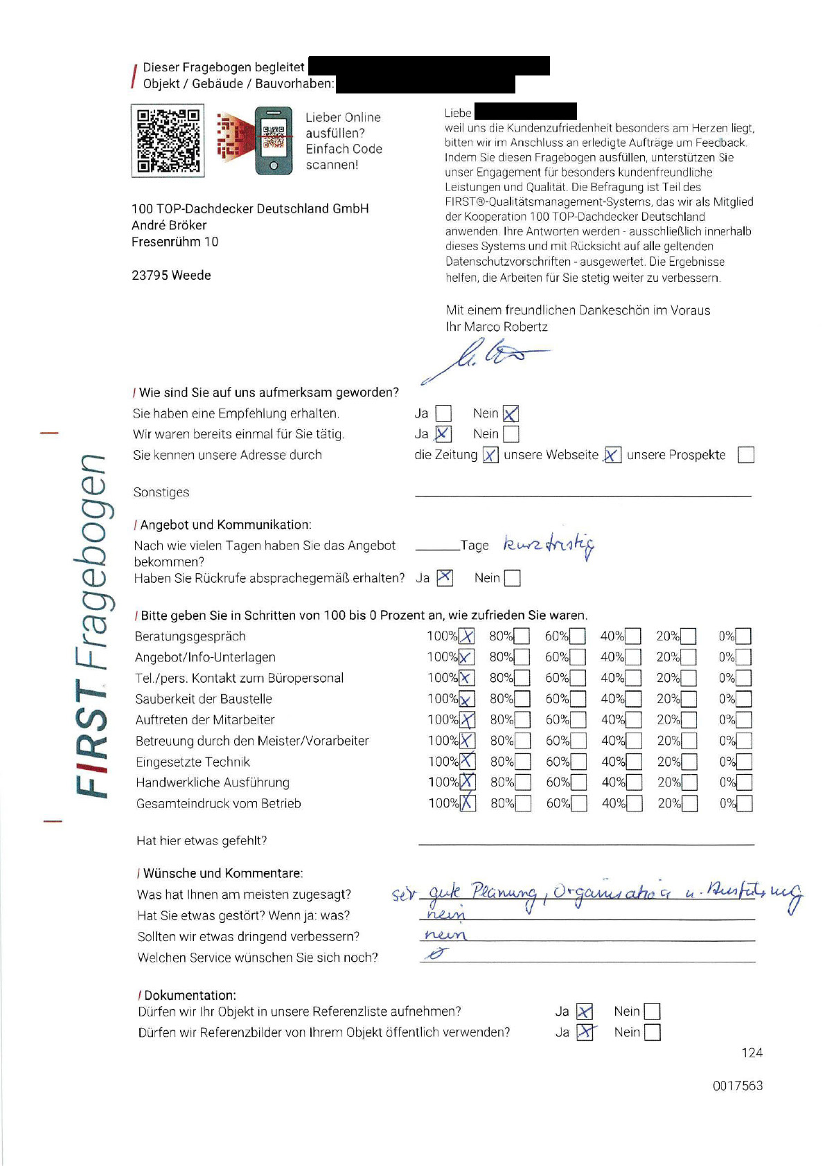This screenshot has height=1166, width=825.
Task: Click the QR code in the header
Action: (x=168, y=141)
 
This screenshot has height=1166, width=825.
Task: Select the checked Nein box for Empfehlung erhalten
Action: (x=511, y=414)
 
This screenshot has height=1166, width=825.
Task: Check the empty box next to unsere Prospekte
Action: (x=745, y=455)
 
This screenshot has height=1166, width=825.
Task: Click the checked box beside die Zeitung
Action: (x=490, y=455)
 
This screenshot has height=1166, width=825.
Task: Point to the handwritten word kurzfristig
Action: (x=548, y=546)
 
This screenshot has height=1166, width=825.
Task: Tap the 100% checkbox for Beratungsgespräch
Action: (x=467, y=636)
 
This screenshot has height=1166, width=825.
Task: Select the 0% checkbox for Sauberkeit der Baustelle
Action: (x=743, y=699)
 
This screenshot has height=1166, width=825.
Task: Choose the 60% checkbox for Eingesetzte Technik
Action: (x=578, y=762)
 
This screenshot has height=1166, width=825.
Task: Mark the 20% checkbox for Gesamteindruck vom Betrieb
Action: (x=689, y=804)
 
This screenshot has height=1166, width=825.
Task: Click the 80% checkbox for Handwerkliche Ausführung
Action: (x=523, y=782)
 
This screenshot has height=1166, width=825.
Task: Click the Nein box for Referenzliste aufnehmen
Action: (x=652, y=1012)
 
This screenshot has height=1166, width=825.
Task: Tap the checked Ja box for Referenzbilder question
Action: (x=585, y=1032)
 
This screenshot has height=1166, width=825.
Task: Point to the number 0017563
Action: (x=737, y=1086)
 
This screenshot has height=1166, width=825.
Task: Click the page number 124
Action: (x=752, y=1053)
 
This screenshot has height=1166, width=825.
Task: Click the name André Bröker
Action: (x=169, y=226)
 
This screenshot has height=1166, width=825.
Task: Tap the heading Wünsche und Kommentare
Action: (x=222, y=874)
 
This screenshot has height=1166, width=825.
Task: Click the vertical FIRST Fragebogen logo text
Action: (x=91, y=623)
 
